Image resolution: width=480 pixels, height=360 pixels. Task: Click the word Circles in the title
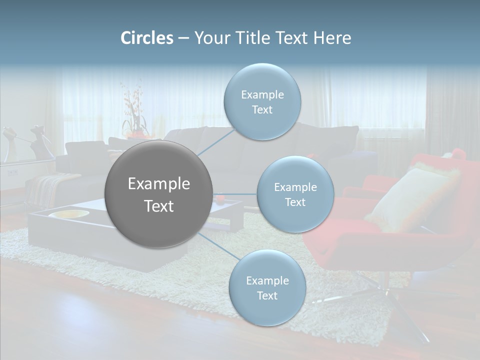[146, 38]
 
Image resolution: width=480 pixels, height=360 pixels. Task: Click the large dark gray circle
[158, 194]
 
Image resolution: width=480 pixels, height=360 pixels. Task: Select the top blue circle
[262, 101]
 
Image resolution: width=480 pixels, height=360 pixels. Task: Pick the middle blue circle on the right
[295, 194]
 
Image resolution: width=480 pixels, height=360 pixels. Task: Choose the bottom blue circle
[267, 287]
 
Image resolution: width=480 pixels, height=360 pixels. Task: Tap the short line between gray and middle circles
[235, 194]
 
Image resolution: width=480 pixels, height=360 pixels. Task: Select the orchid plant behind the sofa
[133, 112]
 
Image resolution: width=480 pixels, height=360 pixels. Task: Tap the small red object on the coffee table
[220, 199]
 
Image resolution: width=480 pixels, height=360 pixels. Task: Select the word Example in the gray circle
[158, 184]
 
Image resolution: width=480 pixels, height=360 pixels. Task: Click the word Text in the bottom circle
[267, 295]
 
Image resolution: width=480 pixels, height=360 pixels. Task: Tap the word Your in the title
[211, 38]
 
